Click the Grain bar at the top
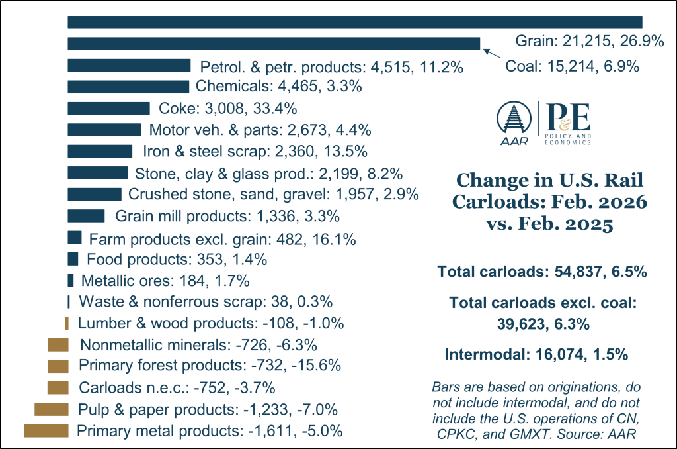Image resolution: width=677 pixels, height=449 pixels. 355,23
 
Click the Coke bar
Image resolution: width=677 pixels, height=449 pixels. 109,109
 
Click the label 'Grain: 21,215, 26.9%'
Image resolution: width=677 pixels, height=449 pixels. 589,41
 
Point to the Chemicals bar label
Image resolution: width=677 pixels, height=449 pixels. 279,87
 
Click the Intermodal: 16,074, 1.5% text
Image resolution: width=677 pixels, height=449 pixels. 536,354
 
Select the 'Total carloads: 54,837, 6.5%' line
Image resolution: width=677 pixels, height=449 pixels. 541,272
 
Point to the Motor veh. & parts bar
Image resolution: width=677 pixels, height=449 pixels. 104,130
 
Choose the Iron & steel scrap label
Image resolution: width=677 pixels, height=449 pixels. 255,152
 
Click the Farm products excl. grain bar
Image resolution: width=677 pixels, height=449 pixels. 75,238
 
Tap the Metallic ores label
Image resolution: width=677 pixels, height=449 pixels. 165,281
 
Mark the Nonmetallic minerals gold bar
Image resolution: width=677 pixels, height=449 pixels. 58,345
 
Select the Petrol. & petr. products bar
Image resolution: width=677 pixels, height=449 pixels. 129,66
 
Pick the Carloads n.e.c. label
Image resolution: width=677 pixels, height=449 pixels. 177,387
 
